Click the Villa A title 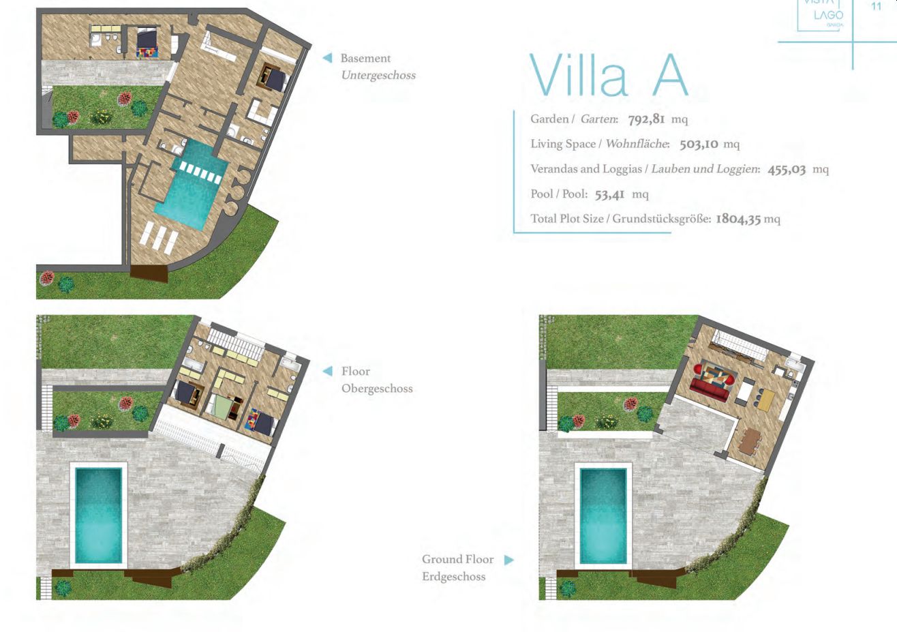coord(608,75)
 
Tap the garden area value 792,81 coord(646,119)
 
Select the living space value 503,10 coord(699,144)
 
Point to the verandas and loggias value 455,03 coord(787,169)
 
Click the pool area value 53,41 coord(609,195)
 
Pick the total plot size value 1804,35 coord(738,219)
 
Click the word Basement coord(365,59)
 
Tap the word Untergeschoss coord(378,75)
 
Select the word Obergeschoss coord(377,389)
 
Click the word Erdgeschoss coord(454,577)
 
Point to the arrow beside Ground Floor coord(508,560)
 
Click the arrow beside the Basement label coord(328,58)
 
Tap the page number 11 coord(876,6)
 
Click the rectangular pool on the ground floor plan coord(603,516)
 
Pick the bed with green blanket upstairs coord(220,406)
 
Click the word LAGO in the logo coord(829,16)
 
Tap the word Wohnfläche coord(637,144)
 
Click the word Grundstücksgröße coord(662,219)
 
